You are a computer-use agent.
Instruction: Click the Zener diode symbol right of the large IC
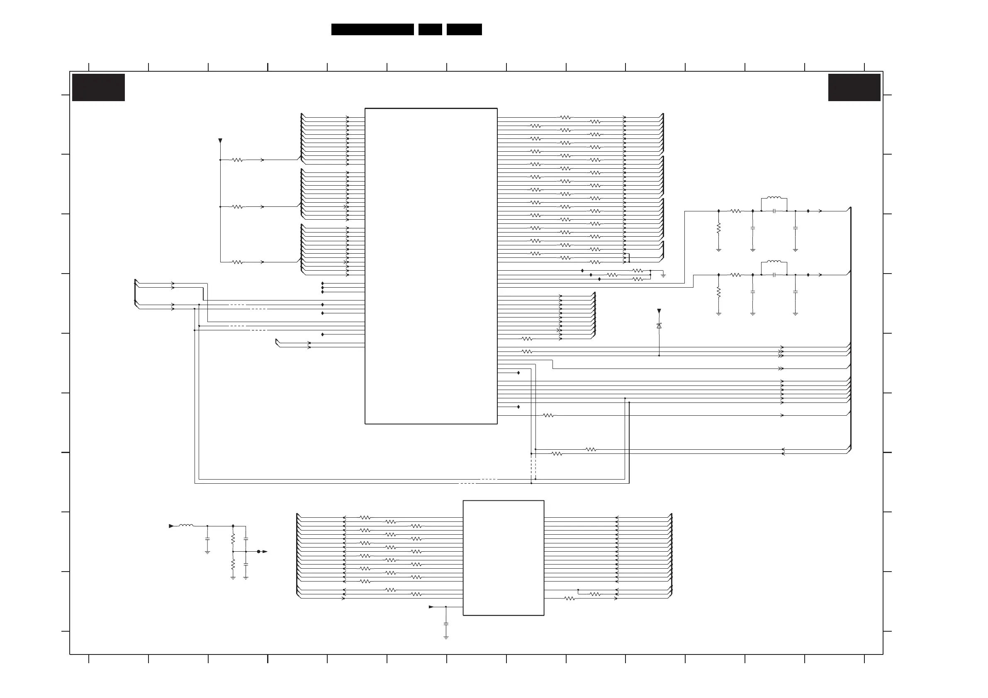tap(659, 326)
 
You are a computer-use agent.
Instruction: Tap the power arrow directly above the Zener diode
tap(659, 311)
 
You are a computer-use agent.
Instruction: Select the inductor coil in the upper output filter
tap(774, 198)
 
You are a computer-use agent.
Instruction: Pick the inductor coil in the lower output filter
tap(774, 262)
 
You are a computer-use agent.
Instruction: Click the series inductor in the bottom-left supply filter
tap(186, 525)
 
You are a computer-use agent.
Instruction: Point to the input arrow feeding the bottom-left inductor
tap(171, 526)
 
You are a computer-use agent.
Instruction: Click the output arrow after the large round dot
tap(265, 551)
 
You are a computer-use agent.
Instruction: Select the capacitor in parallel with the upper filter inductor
tap(774, 211)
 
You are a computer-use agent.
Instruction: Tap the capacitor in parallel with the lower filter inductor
tap(774, 275)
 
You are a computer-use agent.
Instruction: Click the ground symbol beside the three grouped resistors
tap(663, 275)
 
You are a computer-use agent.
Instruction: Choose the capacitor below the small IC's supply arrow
tap(446, 623)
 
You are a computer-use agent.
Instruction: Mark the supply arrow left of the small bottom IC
tap(431, 607)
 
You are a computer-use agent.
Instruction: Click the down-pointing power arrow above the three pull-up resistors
tap(220, 141)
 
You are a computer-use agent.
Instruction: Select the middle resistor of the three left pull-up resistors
tap(238, 207)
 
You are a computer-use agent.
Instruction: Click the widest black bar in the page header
tap(372, 29)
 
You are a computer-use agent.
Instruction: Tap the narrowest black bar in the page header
tap(430, 29)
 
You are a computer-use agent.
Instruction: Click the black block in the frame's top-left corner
tap(98, 87)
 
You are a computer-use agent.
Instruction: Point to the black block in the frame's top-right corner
tap(854, 87)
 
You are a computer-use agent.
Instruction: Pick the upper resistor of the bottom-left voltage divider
tap(233, 538)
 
